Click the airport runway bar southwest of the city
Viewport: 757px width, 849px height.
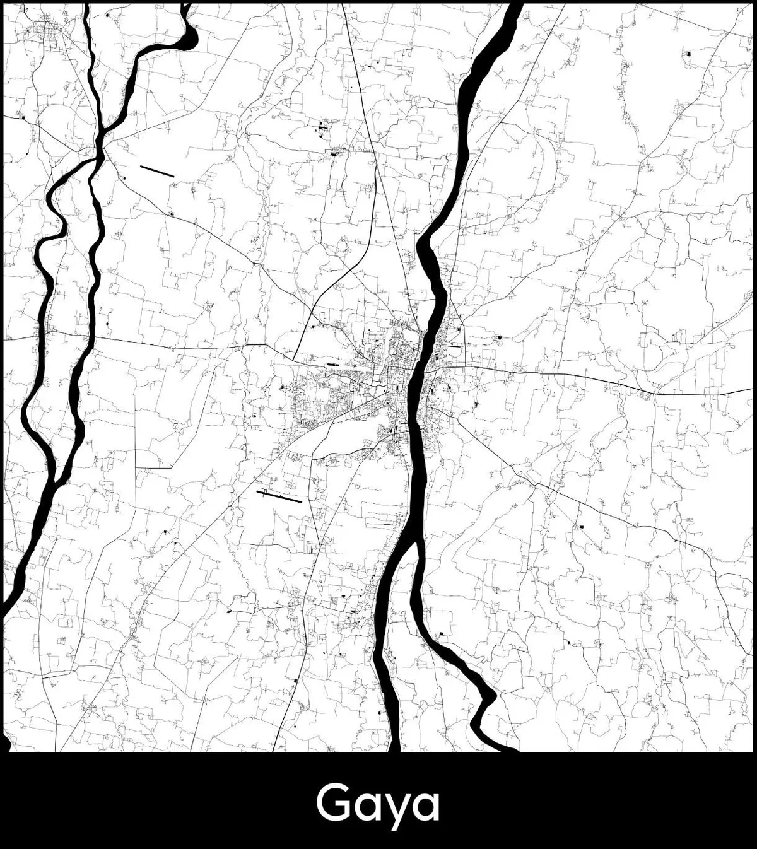280,497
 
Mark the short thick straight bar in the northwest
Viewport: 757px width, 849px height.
156,171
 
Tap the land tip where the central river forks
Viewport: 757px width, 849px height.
416,544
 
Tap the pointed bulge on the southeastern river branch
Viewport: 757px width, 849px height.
489,697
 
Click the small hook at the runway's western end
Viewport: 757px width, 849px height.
261,491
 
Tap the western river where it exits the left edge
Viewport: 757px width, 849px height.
5,609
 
